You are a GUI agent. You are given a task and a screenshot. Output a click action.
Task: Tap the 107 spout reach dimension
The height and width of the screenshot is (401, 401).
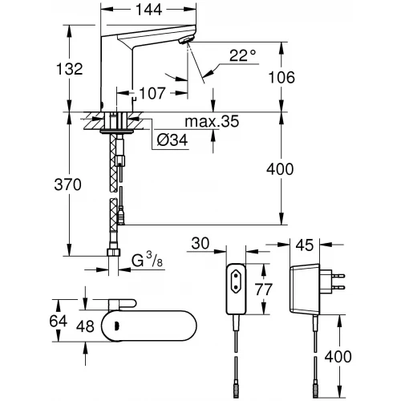[152, 92]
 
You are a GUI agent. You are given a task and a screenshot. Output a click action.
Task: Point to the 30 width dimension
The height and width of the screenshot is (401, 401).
[200, 242]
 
